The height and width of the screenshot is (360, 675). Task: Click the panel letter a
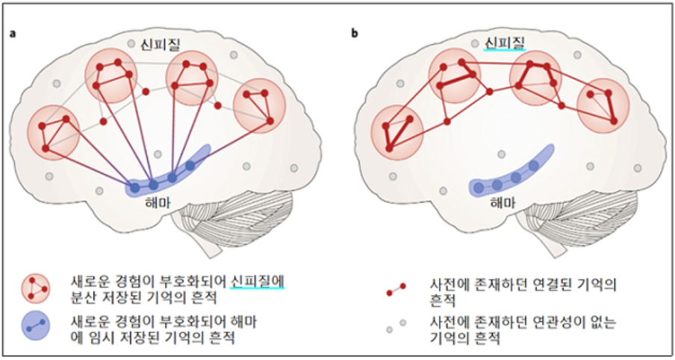[x=13, y=33]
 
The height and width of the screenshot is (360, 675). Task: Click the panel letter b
[x=354, y=33]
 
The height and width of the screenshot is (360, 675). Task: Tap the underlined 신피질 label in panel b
[x=504, y=44]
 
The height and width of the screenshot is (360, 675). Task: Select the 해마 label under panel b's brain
[x=500, y=202]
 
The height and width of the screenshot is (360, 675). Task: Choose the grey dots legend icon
[x=395, y=325]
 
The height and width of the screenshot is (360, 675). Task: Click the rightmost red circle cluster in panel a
[x=259, y=108]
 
